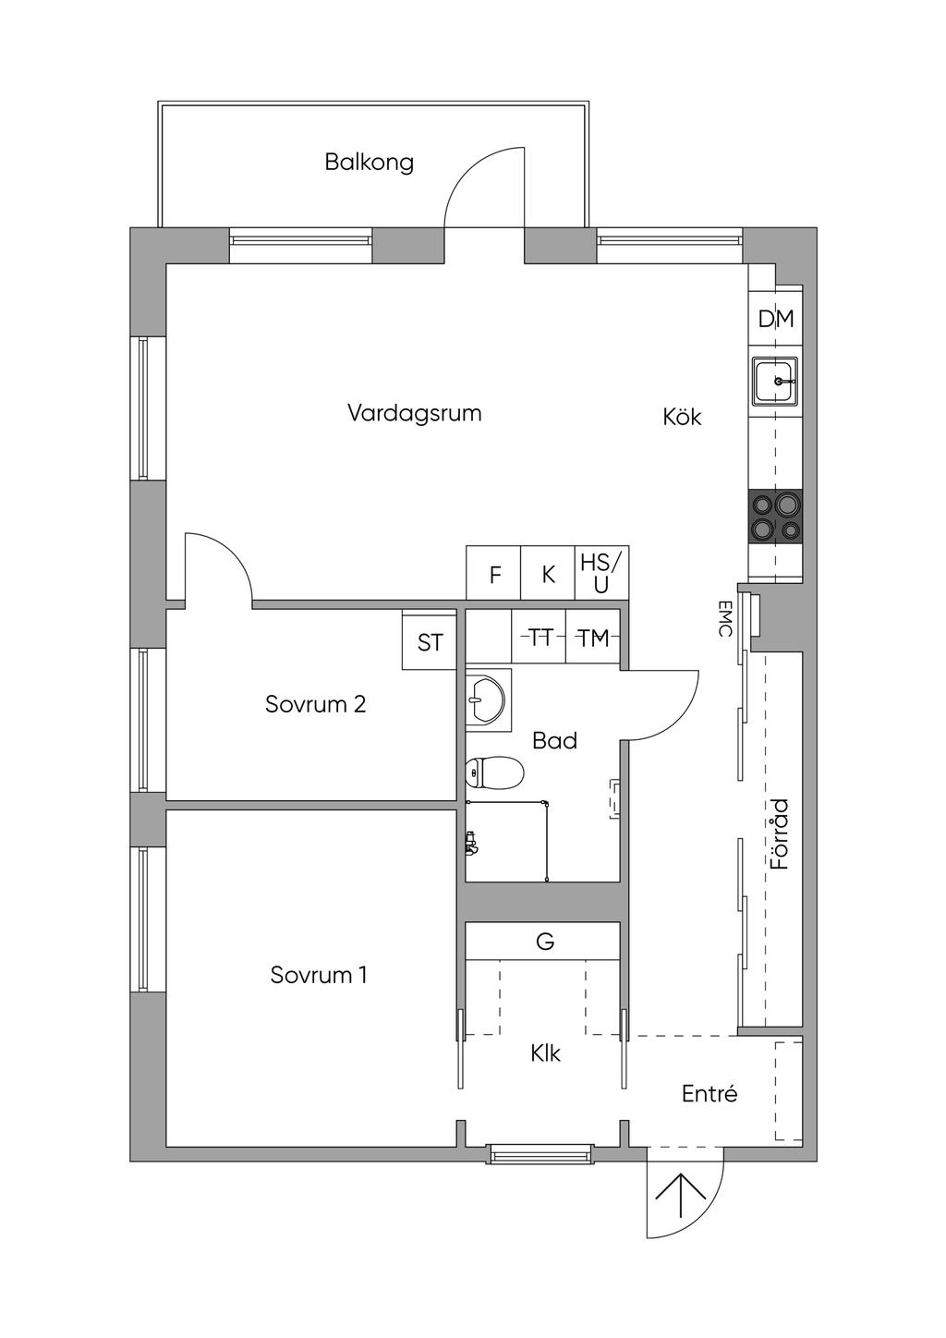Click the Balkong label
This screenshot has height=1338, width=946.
[x=370, y=163]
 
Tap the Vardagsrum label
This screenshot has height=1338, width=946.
[x=415, y=413]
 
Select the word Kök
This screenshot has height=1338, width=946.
[x=682, y=417]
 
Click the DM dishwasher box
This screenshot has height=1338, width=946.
[x=775, y=319]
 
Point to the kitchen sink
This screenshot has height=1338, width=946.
[x=775, y=381]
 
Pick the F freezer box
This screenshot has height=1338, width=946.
[x=493, y=573]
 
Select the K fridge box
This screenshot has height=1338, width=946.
[x=548, y=573]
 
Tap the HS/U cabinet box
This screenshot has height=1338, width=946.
[x=601, y=573]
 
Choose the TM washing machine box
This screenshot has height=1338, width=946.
[x=593, y=637]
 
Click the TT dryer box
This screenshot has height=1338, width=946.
[x=539, y=637]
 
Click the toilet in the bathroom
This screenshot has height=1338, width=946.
[x=494, y=772]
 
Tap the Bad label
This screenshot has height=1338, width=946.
[x=555, y=741]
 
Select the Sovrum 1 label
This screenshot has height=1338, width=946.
[x=319, y=975]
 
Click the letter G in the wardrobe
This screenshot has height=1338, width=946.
[x=545, y=942]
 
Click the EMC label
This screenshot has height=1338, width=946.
[x=724, y=619]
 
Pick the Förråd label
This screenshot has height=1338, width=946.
[x=779, y=834]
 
